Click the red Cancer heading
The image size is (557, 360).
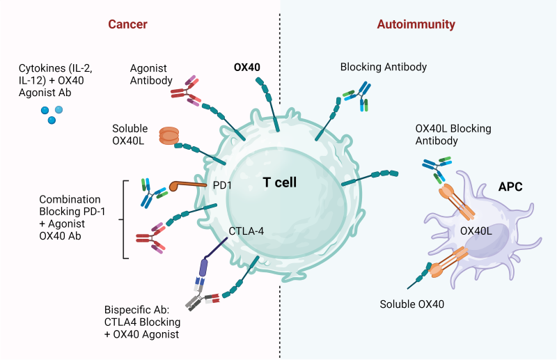pyautogui.click(x=127, y=24)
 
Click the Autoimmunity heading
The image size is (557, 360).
pyautogui.click(x=416, y=24)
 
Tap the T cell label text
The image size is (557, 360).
pyautogui.click(x=280, y=183)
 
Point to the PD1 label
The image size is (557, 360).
pyautogui.click(x=222, y=187)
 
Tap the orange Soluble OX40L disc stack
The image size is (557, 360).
pyautogui.click(x=169, y=135)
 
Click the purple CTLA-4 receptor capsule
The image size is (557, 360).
pyautogui.click(x=204, y=267)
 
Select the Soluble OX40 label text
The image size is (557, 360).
pyautogui.click(x=411, y=304)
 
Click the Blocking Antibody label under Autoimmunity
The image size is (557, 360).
pyautogui.click(x=383, y=68)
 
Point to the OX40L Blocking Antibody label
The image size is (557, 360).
pyautogui.click(x=453, y=134)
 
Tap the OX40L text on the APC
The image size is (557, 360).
pyautogui.click(x=475, y=230)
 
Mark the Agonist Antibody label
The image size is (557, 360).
pyautogui.click(x=151, y=75)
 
